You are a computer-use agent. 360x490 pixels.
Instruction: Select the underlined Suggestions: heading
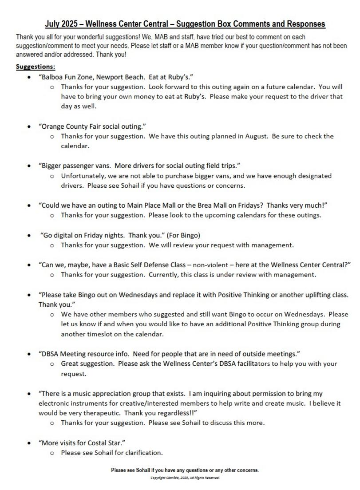pos(36,67)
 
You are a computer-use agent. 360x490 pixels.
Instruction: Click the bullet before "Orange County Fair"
pos(29,126)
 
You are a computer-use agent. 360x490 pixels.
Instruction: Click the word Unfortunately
pos(83,176)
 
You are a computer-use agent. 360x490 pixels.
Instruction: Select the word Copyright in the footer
pos(158,478)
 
